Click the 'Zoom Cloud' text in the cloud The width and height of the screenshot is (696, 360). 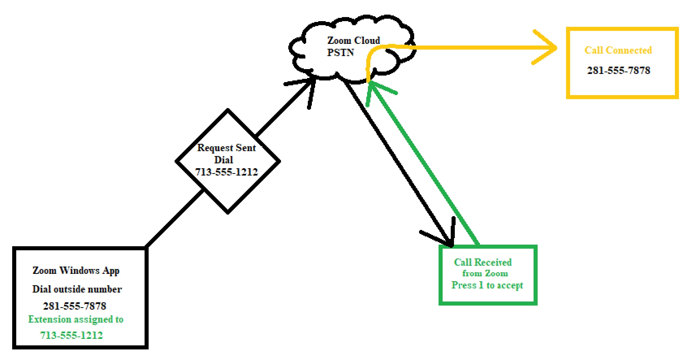point(353,41)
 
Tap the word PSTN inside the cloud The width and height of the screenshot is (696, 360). point(340,53)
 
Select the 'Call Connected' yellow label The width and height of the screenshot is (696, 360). point(618,50)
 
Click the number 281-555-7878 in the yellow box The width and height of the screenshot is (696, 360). point(618,70)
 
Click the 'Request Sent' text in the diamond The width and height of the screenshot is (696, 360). point(226,148)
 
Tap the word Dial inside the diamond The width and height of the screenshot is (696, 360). point(223,160)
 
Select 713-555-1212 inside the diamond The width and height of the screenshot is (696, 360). point(226,172)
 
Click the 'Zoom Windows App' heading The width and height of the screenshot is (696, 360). point(76,271)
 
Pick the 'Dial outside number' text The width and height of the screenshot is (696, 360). point(77,289)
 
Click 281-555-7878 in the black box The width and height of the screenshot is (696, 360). point(74,306)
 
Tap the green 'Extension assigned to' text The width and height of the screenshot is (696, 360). point(76,319)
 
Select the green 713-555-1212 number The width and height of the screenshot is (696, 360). point(71,335)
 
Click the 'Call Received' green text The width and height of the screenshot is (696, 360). point(482,262)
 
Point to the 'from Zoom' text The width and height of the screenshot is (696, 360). point(485,273)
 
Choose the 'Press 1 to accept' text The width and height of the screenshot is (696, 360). point(487,285)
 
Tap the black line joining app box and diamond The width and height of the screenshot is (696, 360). point(175,218)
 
